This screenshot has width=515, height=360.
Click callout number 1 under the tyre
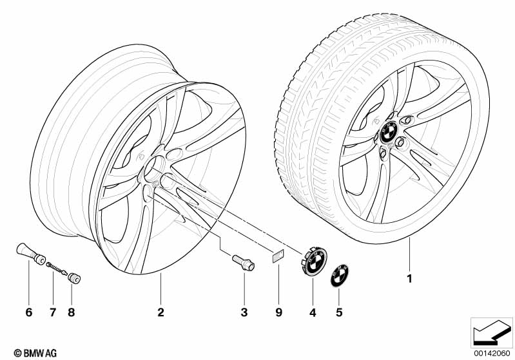(409, 279)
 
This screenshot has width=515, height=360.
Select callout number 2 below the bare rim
(160, 312)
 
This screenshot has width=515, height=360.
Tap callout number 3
(244, 312)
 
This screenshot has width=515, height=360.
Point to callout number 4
(313, 313)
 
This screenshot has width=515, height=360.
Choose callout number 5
(339, 312)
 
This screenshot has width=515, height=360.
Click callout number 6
(29, 312)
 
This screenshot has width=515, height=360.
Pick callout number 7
(53, 312)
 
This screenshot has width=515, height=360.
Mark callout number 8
(72, 312)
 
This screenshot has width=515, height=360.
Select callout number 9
(278, 312)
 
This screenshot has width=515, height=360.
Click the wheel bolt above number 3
(244, 263)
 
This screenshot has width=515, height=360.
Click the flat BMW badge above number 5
(339, 275)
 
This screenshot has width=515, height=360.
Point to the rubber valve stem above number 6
(31, 254)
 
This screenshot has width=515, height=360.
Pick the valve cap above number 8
(74, 278)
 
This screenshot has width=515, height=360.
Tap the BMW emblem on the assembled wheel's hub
(389, 132)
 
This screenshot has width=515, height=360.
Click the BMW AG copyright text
(35, 353)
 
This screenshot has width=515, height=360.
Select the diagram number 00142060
(492, 353)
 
